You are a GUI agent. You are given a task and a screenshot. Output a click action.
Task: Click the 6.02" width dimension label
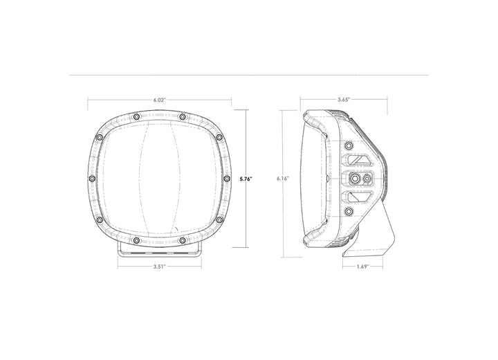click(160, 100)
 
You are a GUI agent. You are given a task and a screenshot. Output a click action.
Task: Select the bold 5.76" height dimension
click(246, 179)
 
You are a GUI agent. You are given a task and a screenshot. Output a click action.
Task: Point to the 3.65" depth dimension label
click(343, 100)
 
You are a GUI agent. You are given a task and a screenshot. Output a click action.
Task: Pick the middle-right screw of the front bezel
click(226, 179)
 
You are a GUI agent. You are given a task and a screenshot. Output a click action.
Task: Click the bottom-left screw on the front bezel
click(137, 240)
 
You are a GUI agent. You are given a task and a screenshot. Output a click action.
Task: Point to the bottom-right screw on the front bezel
click(182, 240)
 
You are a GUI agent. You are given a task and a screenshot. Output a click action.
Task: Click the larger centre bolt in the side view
click(355, 179)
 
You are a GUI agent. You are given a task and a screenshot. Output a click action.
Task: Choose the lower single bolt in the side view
click(349, 212)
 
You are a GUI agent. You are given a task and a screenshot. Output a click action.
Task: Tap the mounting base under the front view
click(160, 249)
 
